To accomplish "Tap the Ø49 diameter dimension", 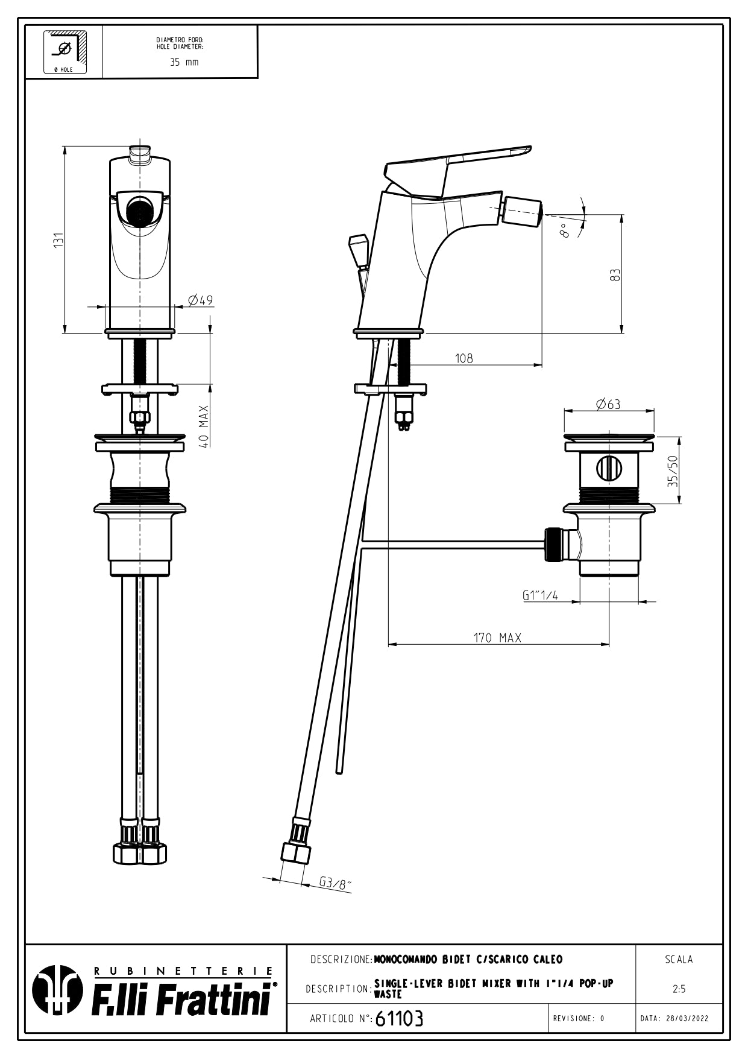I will click(200, 300).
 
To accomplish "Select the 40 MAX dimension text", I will click(205, 426).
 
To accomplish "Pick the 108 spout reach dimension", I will click(464, 358).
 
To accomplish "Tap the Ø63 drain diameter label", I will click(608, 404).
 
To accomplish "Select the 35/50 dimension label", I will click(673, 471).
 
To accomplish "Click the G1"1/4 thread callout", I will click(540, 595).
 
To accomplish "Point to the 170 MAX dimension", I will click(497, 638).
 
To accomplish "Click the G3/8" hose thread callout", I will click(335, 883).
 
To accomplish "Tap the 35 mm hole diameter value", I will click(184, 62).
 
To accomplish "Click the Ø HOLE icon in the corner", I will click(64, 52).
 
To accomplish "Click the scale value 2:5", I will click(679, 989).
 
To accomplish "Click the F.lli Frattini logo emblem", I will click(57, 990).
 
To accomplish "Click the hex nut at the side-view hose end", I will click(295, 854).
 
